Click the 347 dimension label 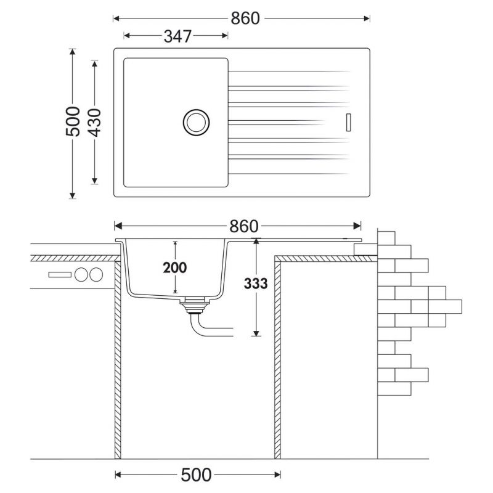coord(177,36)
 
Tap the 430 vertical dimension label coord(94,123)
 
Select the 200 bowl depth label coord(175,267)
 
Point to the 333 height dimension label coord(256,283)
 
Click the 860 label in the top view coord(245,18)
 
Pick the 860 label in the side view coord(243,226)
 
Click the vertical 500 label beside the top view coord(73,121)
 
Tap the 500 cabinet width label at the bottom coord(195,475)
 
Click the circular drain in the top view coord(196,122)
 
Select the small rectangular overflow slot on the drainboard coord(348,122)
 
